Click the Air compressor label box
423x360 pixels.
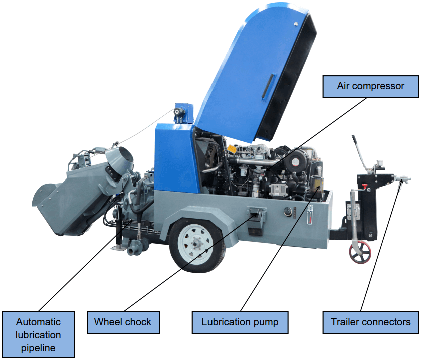tap(370, 86)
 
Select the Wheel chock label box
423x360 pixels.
tap(123, 322)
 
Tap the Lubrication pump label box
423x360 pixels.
tap(240, 322)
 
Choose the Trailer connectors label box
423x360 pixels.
tap(370, 322)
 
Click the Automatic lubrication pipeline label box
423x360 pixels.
tap(38, 334)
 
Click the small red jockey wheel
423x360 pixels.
tap(360, 252)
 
